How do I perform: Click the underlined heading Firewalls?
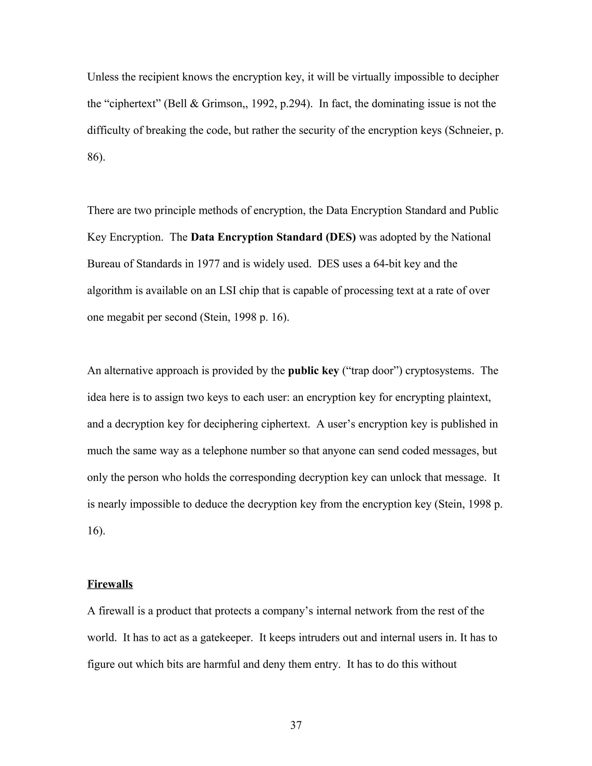coord(110,584)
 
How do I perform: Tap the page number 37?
coord(296,725)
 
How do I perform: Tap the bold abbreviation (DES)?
coord(340,237)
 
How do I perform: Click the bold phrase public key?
coord(313,371)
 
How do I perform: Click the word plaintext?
coord(469,397)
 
